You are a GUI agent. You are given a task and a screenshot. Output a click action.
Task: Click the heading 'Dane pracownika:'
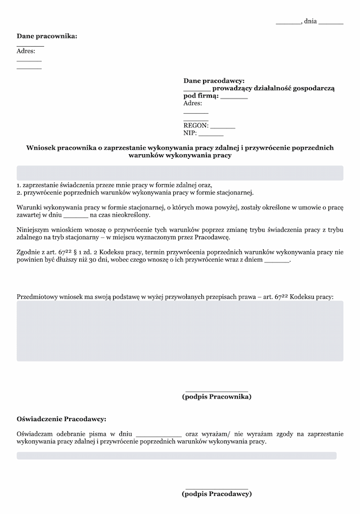[x=47, y=36]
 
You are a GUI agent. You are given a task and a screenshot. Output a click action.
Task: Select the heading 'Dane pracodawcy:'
[x=214, y=81]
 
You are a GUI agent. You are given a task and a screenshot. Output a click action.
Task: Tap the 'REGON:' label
[x=196, y=126]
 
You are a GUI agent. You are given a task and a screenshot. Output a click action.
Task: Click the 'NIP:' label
[x=190, y=133]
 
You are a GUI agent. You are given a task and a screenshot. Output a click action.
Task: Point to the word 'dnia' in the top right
[x=310, y=21]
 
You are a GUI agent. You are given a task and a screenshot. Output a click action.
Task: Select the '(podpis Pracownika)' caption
[x=217, y=396]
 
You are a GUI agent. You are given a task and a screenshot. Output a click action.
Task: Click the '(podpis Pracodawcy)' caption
[x=217, y=494]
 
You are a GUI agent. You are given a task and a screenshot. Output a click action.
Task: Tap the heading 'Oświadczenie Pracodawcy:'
[x=61, y=419]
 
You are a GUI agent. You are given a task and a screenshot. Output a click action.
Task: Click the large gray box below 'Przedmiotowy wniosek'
[x=179, y=330]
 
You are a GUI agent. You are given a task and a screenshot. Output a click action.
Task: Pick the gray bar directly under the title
[x=179, y=173]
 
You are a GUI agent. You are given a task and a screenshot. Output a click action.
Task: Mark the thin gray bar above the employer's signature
[x=177, y=455]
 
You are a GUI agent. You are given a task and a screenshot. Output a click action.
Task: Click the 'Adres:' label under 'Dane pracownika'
[x=26, y=51]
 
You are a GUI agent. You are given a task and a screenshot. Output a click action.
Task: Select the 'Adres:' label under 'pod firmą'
[x=193, y=104]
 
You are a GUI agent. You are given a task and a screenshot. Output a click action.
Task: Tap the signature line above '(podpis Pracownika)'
[x=217, y=390]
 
